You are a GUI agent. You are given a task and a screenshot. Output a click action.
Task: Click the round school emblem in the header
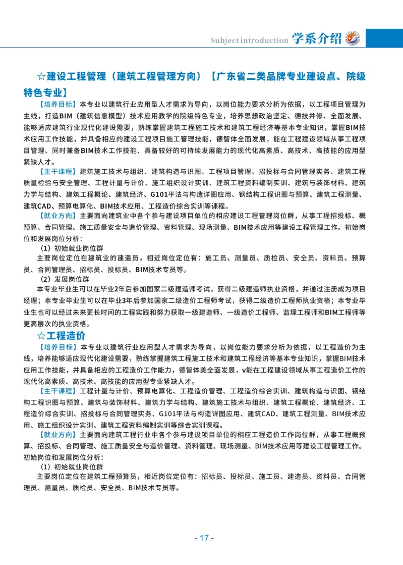point(353,39)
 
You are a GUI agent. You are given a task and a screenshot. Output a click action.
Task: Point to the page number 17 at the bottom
point(204,538)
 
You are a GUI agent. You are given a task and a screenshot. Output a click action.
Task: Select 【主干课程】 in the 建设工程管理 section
point(57,171)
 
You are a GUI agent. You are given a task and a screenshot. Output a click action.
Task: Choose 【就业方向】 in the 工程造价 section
point(57,433)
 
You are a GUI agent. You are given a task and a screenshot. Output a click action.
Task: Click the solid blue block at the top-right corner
point(384,38)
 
